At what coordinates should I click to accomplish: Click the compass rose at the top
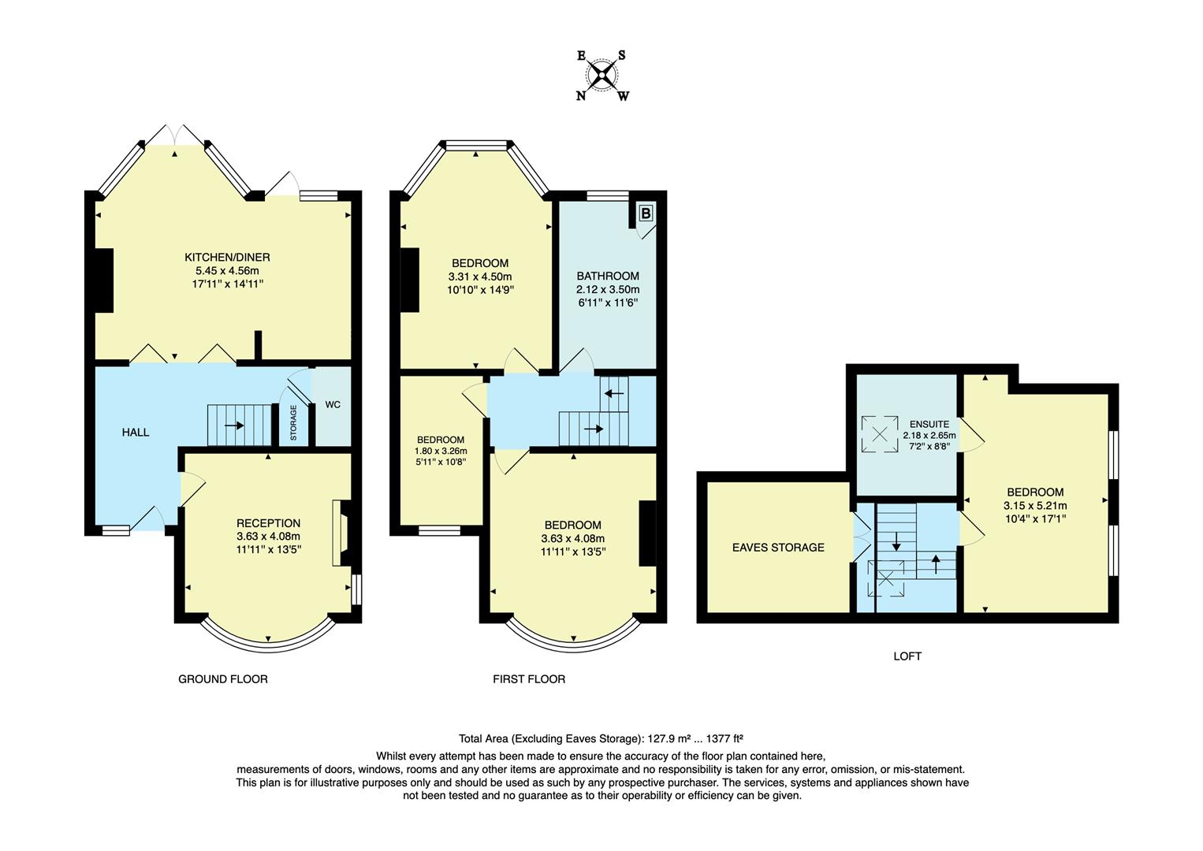point(602,76)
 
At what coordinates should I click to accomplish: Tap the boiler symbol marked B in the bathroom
point(646,213)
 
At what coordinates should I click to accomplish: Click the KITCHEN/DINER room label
point(227,257)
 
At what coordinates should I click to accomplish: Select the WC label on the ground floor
point(333,405)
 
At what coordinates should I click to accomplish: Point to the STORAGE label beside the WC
point(293,423)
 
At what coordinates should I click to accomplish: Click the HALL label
point(136,433)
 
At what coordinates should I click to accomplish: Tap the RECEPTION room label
point(269,523)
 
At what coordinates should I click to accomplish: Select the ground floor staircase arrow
point(234,425)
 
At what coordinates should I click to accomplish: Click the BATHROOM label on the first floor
point(608,276)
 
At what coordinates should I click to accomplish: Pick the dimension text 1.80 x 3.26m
point(441,452)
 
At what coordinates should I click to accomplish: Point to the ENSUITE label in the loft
point(929,424)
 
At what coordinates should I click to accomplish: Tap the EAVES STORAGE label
point(778,548)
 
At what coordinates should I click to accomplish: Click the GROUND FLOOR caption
point(223,679)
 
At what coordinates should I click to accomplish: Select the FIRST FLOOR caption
point(529,679)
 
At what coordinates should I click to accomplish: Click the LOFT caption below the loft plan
point(907,656)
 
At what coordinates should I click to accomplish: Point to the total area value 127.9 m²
point(669,739)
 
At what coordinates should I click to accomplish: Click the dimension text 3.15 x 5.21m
point(1035,506)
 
